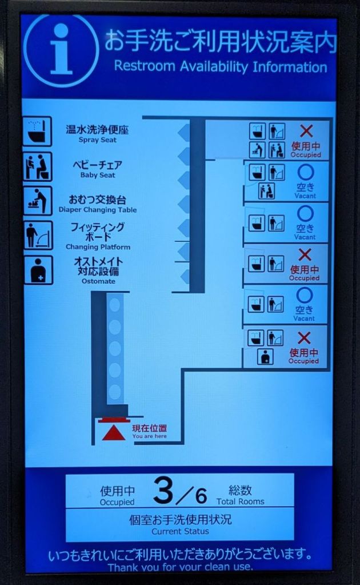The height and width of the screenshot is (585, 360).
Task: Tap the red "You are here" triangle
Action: point(113,433)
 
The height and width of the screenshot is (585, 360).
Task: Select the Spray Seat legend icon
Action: point(37,132)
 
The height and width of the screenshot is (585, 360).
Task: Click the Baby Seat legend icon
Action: point(37,166)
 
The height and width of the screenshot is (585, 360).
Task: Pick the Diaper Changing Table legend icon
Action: point(37,201)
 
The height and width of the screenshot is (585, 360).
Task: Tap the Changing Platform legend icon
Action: point(38,235)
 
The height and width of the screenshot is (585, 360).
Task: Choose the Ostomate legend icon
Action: point(38,270)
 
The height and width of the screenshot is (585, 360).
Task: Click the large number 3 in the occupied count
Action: point(163,491)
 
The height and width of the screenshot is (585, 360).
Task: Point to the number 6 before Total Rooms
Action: point(201,496)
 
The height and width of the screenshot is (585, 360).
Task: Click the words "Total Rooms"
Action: point(241,502)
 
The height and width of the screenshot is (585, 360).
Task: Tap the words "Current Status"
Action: point(181,531)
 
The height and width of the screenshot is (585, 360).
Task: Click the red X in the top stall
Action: point(306,131)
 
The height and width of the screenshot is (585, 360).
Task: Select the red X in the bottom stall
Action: point(304,338)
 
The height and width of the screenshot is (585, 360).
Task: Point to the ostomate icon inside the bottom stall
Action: point(265,357)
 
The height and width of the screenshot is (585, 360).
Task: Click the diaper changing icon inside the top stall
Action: point(258,150)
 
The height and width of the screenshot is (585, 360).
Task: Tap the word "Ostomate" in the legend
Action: point(98,281)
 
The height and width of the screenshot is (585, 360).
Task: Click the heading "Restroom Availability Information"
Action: point(221,67)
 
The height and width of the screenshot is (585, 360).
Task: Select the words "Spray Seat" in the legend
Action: point(98,140)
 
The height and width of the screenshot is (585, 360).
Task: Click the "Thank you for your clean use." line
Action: point(181,567)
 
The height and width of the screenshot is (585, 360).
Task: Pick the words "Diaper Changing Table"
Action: point(98,210)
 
